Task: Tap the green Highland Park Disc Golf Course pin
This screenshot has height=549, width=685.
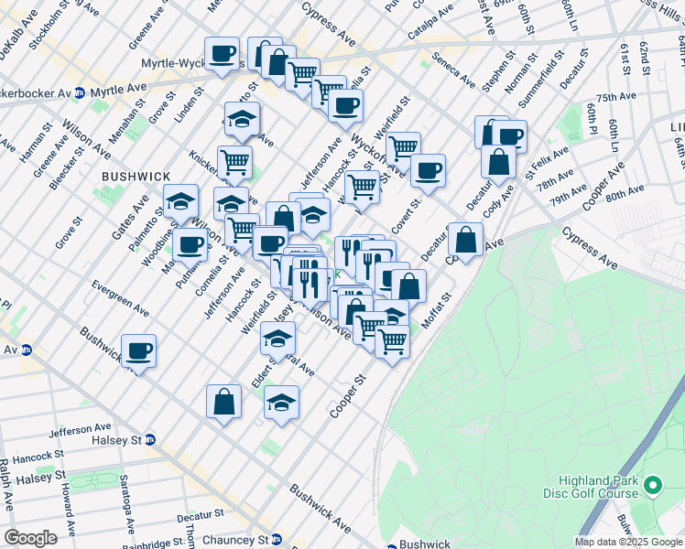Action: click(652, 484)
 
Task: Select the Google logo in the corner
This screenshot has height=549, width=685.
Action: click(30, 538)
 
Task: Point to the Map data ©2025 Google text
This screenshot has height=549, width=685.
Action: click(628, 542)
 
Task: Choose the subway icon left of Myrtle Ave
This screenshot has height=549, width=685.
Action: click(80, 92)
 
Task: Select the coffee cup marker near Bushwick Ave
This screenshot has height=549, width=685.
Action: click(138, 351)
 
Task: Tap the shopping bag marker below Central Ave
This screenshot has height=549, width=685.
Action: click(224, 402)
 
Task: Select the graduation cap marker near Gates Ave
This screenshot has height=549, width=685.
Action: click(181, 200)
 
